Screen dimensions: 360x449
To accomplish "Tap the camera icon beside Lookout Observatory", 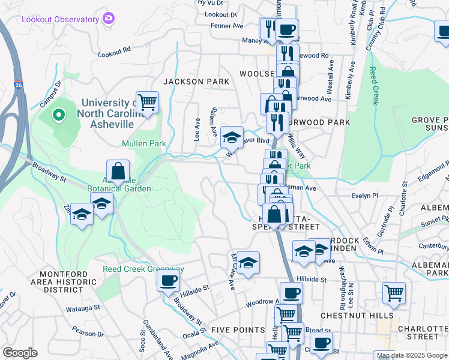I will pos(109,18).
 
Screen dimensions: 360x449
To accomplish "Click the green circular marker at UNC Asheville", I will pos(59,114).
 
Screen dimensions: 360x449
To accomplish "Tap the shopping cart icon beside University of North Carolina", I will pos(147,102).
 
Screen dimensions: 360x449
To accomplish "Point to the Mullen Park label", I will pos(143,143).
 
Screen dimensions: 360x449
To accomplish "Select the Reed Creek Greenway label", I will pos(143,269).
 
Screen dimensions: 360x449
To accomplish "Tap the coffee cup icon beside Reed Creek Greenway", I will pos(169,280).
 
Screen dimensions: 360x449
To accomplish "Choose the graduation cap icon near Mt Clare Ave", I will pos(247,263).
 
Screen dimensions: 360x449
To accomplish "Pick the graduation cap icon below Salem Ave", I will pos(232,137).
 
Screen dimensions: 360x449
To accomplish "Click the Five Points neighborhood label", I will pos(238,330).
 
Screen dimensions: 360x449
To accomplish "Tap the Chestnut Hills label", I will pos(357,316).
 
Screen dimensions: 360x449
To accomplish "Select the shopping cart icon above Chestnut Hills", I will pos(394,293).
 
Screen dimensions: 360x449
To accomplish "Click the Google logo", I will pos(20,353).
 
